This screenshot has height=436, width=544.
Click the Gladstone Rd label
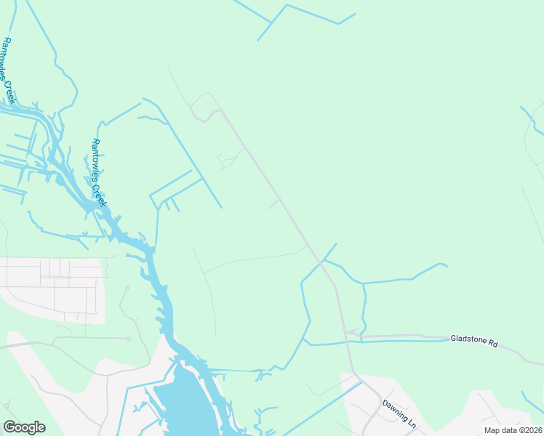pos(473,339)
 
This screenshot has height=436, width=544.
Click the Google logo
pos(24,427)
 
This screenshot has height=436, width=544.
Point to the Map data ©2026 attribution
pos(513,430)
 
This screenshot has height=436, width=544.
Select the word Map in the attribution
pos(492,430)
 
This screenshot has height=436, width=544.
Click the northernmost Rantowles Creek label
pos(9,70)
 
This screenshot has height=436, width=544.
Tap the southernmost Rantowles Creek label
pos(99,172)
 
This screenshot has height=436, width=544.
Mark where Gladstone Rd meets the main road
pos(348,335)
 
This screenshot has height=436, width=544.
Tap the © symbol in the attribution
pos(521,430)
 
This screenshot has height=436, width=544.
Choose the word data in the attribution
pos(508,430)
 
